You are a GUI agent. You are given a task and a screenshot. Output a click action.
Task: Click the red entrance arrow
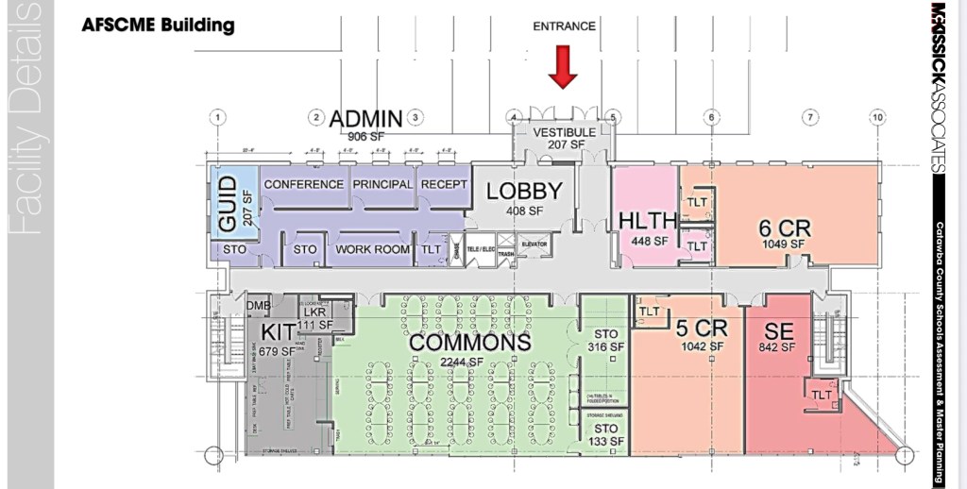[564, 69]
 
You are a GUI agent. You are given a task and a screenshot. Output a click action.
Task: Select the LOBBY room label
[524, 192]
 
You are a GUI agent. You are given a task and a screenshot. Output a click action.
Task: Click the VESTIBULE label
[565, 132]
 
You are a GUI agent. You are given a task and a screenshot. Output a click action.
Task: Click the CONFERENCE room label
[304, 184]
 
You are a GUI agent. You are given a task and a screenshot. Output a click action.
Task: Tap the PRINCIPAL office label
[382, 184]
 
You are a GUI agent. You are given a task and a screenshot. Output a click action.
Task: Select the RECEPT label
[444, 184]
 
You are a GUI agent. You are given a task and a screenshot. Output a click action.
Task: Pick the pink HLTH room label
[648, 221]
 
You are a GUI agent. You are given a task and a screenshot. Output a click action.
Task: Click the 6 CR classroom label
[785, 228]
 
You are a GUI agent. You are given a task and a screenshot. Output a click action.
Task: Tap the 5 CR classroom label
[701, 329]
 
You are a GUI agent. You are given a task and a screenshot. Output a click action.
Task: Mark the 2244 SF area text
[464, 363]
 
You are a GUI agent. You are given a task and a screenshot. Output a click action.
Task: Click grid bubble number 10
[878, 117]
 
